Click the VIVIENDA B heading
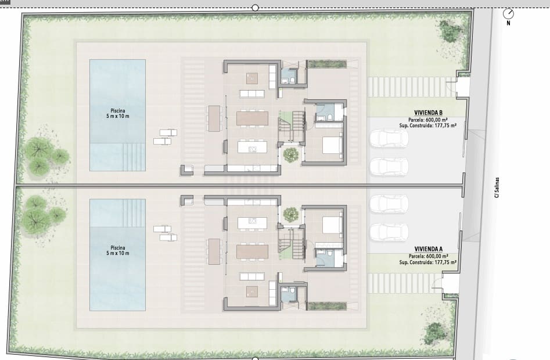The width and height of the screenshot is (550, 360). [428, 113]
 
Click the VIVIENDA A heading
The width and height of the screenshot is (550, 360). [428, 249]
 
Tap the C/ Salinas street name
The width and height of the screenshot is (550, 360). [497, 188]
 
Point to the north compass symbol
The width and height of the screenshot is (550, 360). [508, 14]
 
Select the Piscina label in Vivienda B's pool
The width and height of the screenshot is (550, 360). [118, 111]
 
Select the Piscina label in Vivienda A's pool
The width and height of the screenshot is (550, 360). [118, 248]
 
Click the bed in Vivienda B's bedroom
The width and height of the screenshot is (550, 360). [333, 145]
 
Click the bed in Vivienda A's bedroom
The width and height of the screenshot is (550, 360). [333, 225]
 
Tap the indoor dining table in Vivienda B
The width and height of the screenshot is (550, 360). [252, 118]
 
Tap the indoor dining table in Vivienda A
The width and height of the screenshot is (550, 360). [252, 251]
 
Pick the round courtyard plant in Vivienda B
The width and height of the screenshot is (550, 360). [290, 155]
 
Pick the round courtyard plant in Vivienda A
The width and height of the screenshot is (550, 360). [290, 214]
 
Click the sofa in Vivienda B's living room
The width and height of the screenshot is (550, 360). [252, 93]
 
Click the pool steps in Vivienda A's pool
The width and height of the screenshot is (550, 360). [134, 213]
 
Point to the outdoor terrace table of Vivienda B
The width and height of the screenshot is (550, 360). [214, 118]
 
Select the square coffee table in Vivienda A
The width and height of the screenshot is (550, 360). [252, 291]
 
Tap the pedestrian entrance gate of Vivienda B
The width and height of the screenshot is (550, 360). [463, 87]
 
